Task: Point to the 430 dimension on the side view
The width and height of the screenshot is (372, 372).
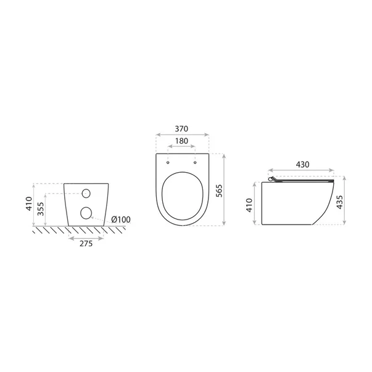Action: [302, 165]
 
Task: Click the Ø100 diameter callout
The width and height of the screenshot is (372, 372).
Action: [120, 220]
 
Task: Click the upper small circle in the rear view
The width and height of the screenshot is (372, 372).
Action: [86, 192]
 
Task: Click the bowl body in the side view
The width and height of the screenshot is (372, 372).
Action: [293, 204]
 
